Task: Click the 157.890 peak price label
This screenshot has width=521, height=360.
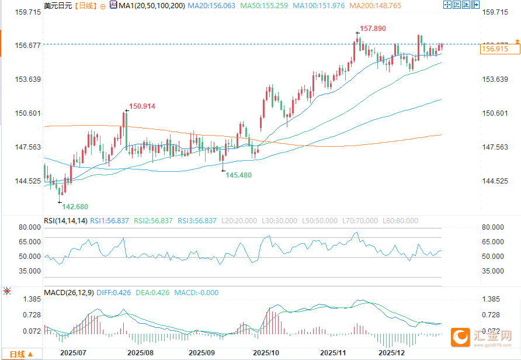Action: tap(372, 29)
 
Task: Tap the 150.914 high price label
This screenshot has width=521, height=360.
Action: tap(143, 106)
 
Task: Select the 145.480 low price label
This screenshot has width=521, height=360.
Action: tap(239, 175)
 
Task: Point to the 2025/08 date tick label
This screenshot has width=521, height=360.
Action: tap(140, 353)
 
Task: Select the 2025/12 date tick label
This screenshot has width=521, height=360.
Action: tap(391, 353)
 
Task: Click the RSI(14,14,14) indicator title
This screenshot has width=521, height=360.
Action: tap(65, 221)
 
